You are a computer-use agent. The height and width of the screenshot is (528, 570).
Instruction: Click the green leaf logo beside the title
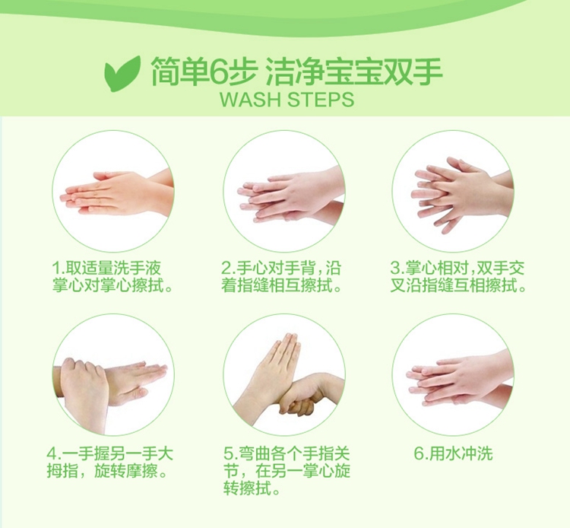(122, 73)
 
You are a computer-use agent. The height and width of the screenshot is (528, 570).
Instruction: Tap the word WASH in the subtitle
(252, 100)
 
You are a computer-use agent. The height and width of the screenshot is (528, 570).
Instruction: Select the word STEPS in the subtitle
(320, 100)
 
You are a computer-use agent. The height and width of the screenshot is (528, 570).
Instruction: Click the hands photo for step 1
(112, 191)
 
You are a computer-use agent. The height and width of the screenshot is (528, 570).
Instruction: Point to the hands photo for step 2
(284, 191)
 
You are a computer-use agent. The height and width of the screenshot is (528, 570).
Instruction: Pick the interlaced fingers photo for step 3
(453, 191)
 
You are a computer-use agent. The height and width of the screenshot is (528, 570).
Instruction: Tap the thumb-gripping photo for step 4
(112, 375)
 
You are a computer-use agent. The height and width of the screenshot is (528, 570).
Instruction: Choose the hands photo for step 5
(284, 375)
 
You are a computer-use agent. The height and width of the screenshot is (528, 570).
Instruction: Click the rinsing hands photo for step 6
(453, 375)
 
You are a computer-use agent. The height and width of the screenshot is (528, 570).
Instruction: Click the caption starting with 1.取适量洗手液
(112, 277)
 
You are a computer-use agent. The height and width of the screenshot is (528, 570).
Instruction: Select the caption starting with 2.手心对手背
(282, 277)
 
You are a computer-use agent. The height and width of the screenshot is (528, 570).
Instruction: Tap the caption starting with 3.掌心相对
(458, 277)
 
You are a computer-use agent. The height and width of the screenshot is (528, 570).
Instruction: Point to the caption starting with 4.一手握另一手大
(109, 463)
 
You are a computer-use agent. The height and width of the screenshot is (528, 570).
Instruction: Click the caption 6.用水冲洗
(453, 453)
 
